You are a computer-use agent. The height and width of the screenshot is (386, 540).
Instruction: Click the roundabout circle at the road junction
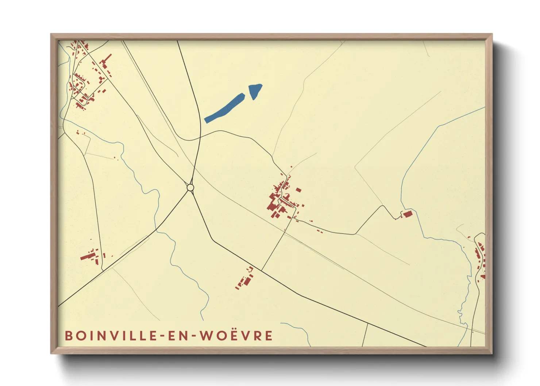(x=190, y=188)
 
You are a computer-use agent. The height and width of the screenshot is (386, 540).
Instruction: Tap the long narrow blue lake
(x=224, y=108)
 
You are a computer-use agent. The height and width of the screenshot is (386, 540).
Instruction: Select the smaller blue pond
(x=255, y=91)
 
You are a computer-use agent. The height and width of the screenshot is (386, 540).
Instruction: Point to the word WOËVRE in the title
(x=236, y=336)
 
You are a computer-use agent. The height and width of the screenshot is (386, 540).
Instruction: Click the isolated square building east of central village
(x=298, y=190)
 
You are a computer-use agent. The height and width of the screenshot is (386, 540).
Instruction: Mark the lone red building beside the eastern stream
(x=407, y=214)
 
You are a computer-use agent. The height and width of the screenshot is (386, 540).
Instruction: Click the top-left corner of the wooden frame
(x=51, y=35)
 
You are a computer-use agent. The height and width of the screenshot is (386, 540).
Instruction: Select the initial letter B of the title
(x=69, y=336)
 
